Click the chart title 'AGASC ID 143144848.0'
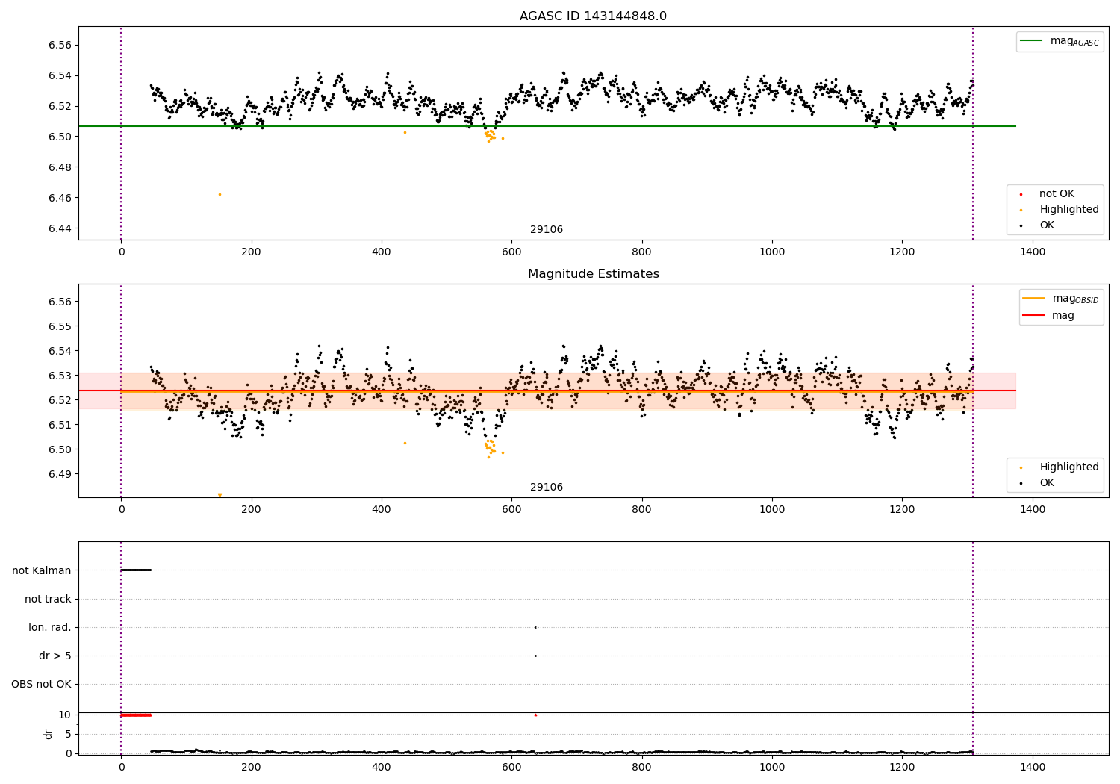coord(593,16)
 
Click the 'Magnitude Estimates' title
coord(593,274)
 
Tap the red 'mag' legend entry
coord(1063,316)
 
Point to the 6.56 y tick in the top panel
coord(59,46)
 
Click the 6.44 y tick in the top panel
coord(59,228)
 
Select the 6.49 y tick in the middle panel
coord(59,474)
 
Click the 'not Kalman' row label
coord(42,570)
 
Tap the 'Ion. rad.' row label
coord(50,628)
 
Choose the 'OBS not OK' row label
coord(41,685)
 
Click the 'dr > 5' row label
coord(55,656)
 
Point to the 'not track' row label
coord(48,600)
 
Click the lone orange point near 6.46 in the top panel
coord(220,194)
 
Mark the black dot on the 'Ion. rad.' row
coord(535,627)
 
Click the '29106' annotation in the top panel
coord(547,230)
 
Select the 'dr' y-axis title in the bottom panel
coord(49,734)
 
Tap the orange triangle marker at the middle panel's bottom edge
coord(220,495)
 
